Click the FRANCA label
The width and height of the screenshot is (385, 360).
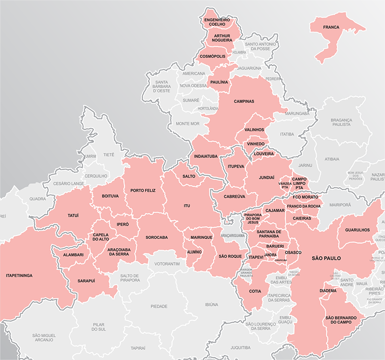tap(332, 27)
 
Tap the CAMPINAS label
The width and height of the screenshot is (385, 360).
tap(244, 101)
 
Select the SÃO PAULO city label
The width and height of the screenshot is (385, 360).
tap(326, 258)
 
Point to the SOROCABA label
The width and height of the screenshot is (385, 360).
tap(156, 237)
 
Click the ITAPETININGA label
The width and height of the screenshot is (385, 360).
tap(19, 275)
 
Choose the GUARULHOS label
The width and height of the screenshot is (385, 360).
tap(357, 230)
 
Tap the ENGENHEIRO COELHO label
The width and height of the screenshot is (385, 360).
tap(217, 22)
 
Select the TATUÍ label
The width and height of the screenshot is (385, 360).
tap(73, 216)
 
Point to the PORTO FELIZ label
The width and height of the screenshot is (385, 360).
tap(143, 190)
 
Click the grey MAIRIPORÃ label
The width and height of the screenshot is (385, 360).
tap(339, 206)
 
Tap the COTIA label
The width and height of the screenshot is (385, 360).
tap(255, 291)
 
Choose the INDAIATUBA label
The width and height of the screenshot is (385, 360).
tap(206, 156)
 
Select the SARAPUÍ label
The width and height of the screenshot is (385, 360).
tap(87, 281)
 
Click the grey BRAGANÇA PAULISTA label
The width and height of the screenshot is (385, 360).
tap(340, 123)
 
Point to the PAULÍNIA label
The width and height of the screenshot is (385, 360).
tap(219, 82)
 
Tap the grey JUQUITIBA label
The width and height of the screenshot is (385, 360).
tap(240, 348)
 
